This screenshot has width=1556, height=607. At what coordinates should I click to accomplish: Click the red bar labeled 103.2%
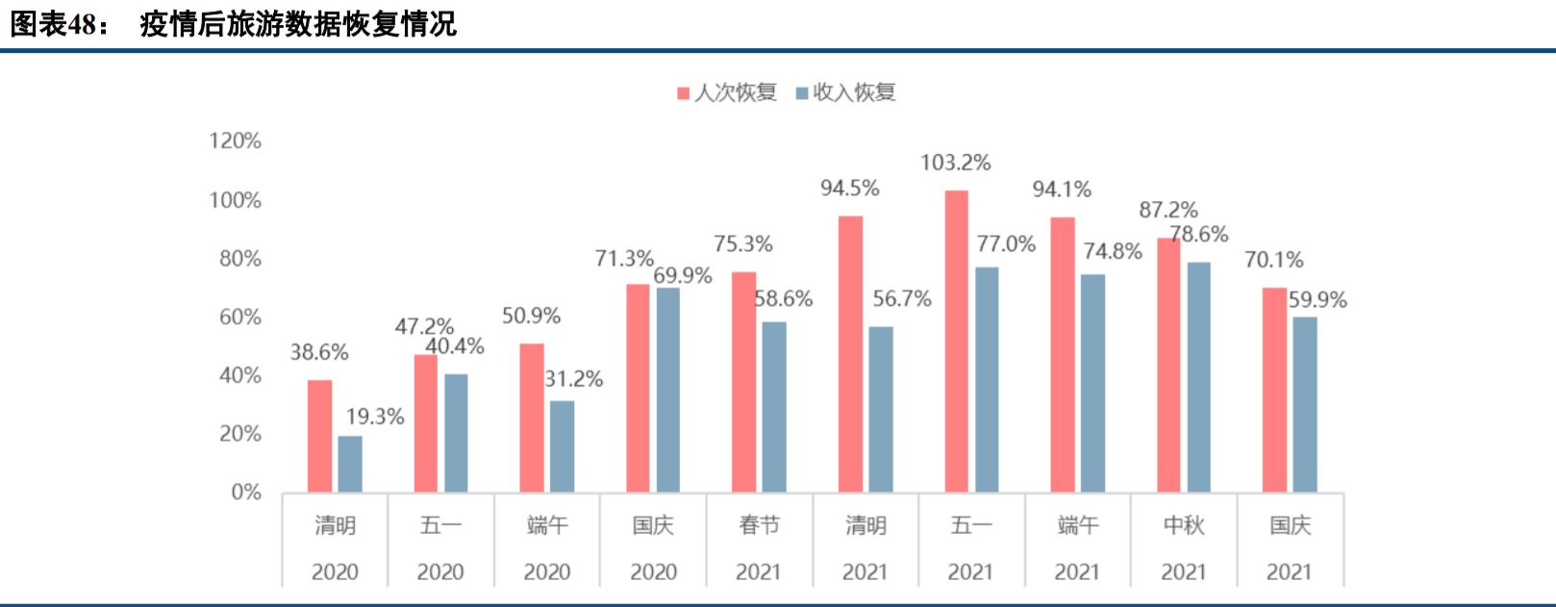pos(956,341)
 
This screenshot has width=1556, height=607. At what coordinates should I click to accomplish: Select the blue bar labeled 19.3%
pos(350,464)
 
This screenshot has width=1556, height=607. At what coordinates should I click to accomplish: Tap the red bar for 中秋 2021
pos(1168,365)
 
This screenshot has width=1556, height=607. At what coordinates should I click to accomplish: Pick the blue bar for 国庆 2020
pos(667,390)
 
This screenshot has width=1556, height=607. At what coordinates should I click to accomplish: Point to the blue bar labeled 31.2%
pos(562,446)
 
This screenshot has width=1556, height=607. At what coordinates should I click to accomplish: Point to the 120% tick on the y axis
pos(235,141)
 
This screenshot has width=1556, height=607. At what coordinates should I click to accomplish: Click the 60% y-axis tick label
pos(239,317)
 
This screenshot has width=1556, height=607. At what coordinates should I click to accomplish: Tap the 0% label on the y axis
pos(245,493)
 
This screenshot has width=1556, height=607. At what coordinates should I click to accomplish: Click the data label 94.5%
pos(849,189)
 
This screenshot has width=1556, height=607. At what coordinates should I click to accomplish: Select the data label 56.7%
pos(901,299)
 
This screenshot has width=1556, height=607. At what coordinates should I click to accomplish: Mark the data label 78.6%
pos(1199,234)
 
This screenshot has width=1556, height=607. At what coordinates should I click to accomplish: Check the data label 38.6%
pos(319,352)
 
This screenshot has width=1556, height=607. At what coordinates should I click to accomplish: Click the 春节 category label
pos(759,525)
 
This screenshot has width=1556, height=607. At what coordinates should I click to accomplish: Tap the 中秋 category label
pos(1183,525)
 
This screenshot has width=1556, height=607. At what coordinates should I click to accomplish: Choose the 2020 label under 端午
pos(546,572)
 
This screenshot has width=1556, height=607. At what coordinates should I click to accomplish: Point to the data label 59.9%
pos(1318,299)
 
